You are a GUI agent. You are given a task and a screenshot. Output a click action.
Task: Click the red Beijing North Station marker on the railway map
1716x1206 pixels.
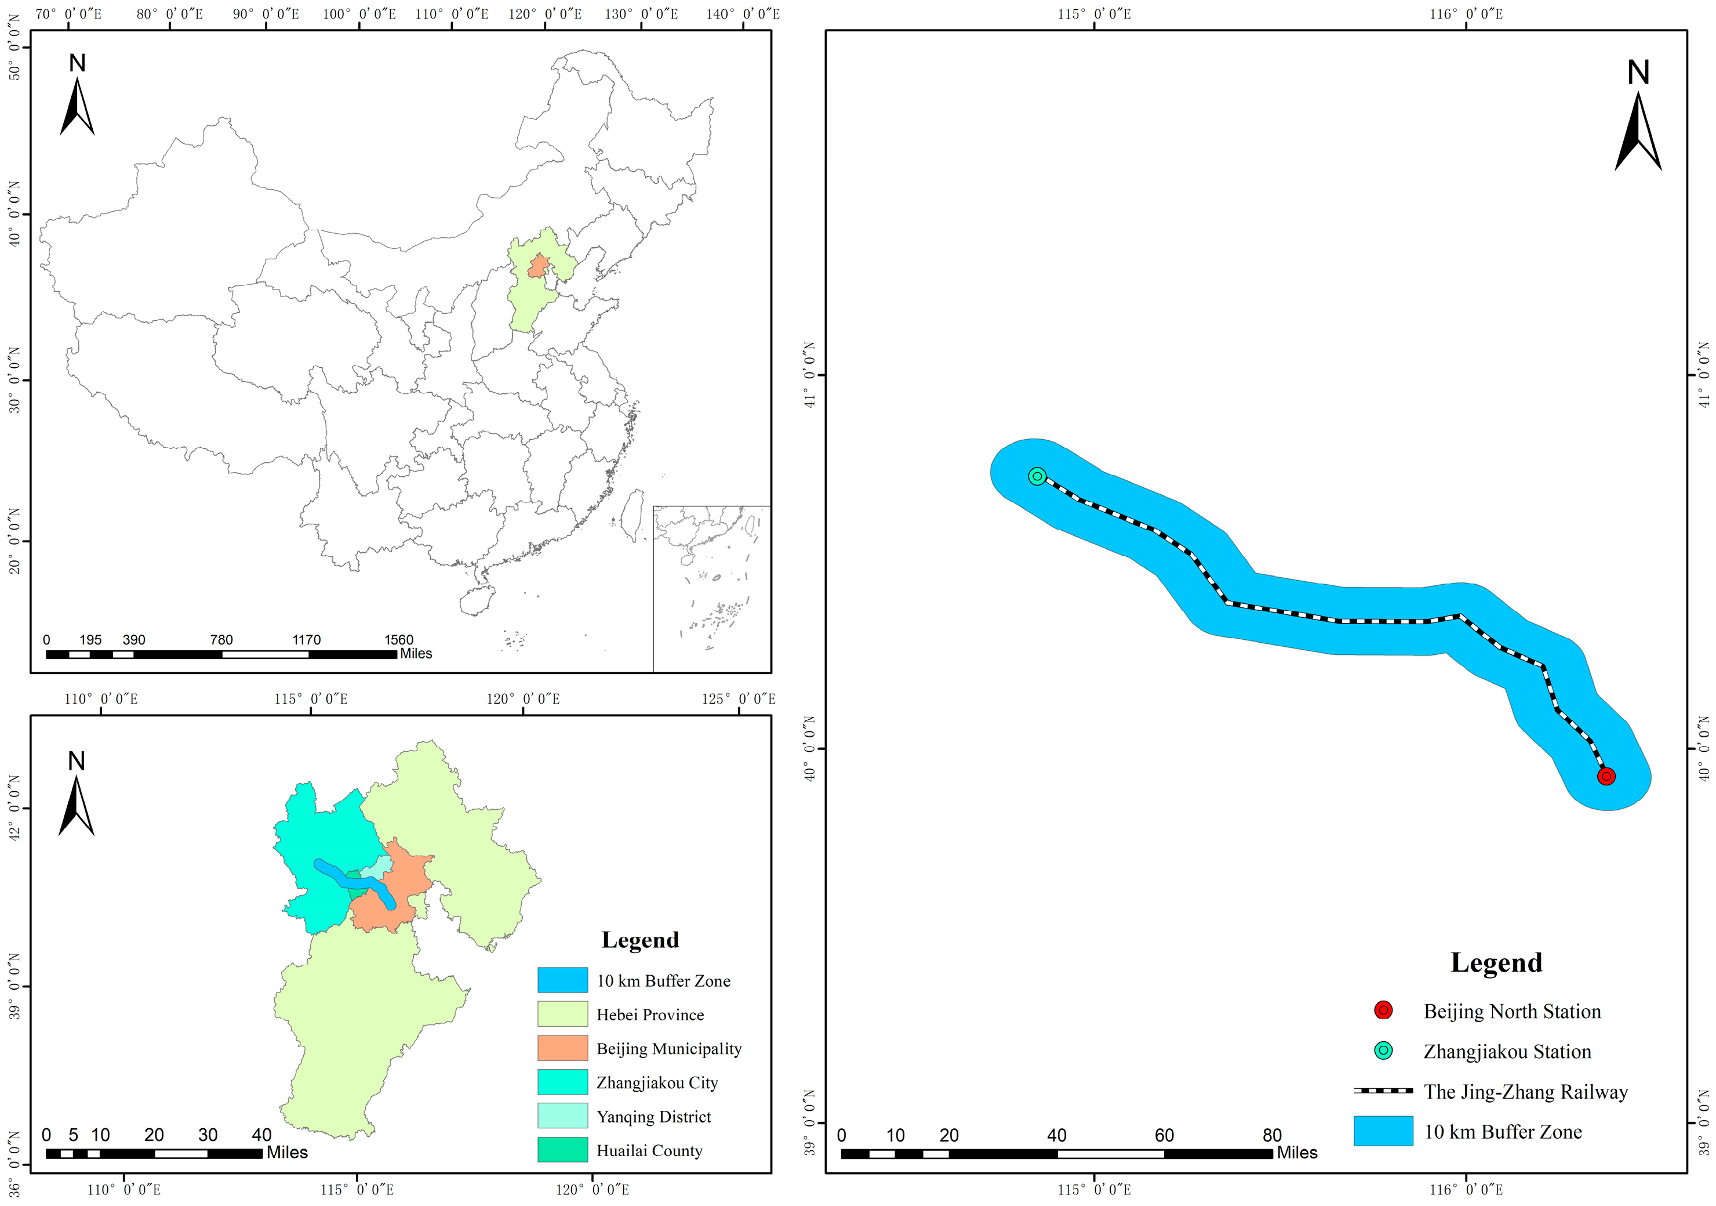[1606, 776]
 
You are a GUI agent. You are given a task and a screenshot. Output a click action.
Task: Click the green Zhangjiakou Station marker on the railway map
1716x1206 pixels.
[1037, 476]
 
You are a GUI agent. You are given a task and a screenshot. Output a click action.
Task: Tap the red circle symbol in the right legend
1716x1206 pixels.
[1383, 1010]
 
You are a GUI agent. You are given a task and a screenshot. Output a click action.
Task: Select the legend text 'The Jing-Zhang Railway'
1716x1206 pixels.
[1525, 1092]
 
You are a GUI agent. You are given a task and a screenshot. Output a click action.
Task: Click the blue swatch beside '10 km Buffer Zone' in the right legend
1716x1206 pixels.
[1383, 1131]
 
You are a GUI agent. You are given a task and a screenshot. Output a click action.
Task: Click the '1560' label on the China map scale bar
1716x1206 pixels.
[398, 640]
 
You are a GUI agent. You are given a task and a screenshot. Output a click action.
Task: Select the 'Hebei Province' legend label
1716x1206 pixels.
[649, 1015]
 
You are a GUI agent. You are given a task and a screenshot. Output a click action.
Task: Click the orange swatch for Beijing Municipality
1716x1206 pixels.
[562, 1048]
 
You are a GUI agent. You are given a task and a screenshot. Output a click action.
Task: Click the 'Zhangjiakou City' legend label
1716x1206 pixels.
[656, 1082]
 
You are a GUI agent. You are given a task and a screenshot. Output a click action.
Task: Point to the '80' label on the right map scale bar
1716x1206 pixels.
[1271, 1135]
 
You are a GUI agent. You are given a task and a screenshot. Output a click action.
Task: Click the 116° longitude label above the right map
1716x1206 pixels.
[1466, 14]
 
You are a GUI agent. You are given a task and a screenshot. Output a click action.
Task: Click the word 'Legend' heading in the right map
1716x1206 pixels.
[1496, 962]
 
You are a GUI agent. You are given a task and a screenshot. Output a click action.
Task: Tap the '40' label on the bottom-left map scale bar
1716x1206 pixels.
[261, 1134]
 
